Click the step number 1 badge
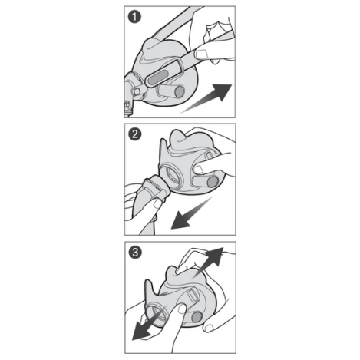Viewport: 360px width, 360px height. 134,17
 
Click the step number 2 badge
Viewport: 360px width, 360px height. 135,134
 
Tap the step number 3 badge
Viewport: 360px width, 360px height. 135,253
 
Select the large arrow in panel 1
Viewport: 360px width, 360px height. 206,98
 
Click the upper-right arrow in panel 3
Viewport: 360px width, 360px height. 208,263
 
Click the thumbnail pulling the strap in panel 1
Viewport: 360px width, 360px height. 201,54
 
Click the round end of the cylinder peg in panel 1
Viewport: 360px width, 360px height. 180,91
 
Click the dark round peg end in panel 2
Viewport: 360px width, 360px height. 212,182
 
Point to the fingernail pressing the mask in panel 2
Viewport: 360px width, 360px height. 199,169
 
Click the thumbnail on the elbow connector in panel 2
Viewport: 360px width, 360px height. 157,204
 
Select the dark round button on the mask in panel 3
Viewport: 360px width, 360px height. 197,317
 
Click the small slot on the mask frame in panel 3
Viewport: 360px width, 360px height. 192,296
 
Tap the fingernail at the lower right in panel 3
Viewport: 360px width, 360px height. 209,328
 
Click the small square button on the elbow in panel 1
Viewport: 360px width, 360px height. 137,91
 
